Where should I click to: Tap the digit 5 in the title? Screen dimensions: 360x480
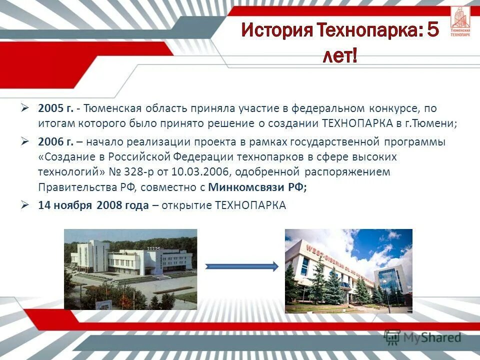[432, 31]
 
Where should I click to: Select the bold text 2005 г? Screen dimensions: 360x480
[55, 108]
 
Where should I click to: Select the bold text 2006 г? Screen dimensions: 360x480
[55, 142]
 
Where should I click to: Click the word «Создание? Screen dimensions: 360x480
[63, 157]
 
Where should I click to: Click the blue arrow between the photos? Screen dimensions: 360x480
[242, 267]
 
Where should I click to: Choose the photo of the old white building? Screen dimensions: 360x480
[130, 269]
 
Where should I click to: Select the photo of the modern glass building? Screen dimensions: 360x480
[348, 271]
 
